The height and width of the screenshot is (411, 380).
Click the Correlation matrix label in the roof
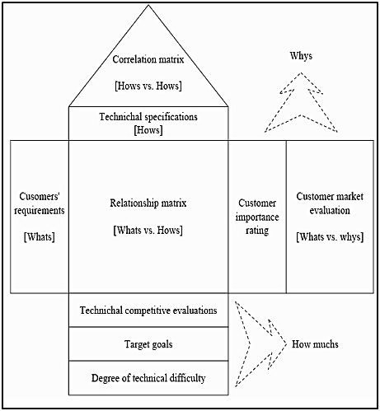[x=148, y=60]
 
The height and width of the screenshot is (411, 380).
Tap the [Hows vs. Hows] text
[x=148, y=86]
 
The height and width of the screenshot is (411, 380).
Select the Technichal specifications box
[x=148, y=123]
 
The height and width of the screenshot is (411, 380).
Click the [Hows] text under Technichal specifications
[x=148, y=130]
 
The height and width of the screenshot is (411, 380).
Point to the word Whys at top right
[x=302, y=56]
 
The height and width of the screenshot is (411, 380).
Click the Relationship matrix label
[x=148, y=203]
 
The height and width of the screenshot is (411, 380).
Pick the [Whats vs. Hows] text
[x=148, y=230]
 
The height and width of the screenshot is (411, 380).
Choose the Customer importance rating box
[x=257, y=217]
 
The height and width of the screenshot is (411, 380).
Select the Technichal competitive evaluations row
[x=148, y=311]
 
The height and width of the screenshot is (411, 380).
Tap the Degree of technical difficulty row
[x=148, y=377]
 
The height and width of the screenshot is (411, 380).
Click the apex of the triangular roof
[x=148, y=7]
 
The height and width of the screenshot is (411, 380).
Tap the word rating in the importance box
[x=257, y=231]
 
